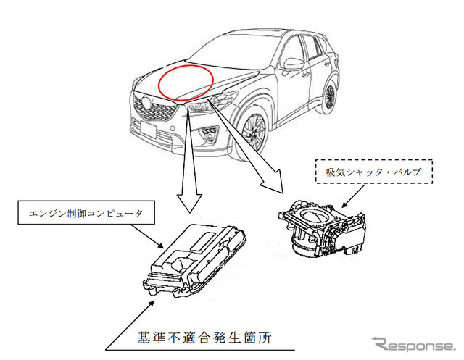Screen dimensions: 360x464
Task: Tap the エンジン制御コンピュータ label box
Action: click(x=80, y=214)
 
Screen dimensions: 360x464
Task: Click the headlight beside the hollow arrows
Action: click(x=201, y=106)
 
